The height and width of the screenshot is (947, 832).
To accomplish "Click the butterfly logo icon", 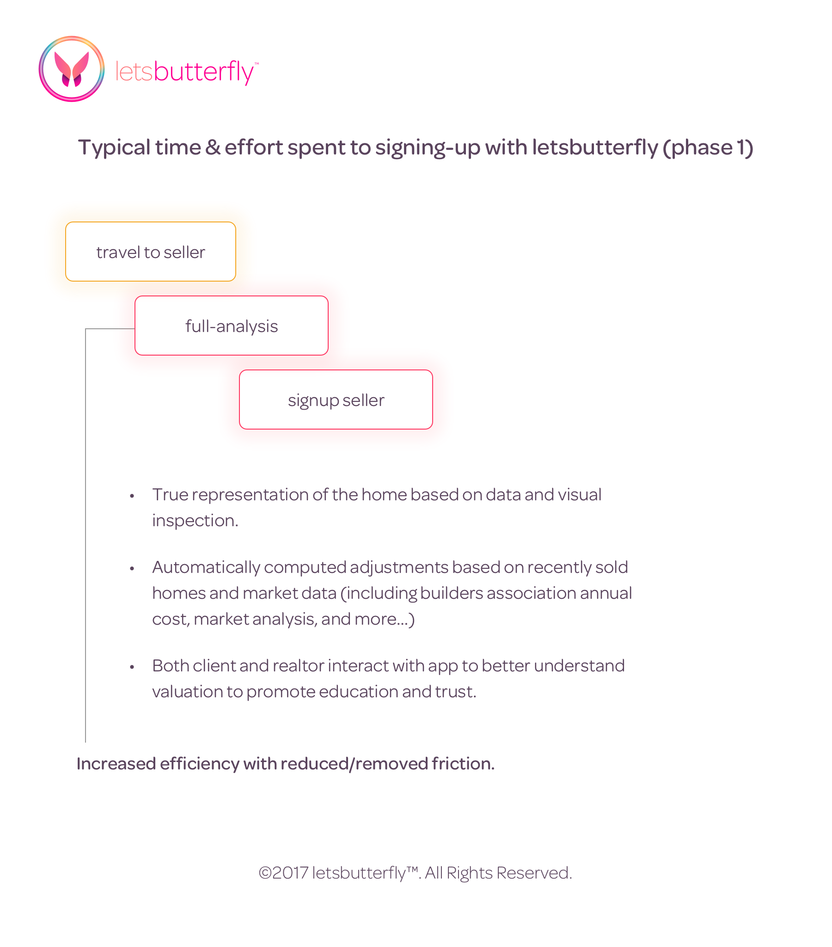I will point(71,69).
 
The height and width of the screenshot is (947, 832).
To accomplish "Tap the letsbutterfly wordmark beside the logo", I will point(184,72).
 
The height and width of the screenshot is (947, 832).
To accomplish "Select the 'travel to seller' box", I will point(151,252).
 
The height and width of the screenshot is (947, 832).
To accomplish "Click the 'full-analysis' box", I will point(231,326).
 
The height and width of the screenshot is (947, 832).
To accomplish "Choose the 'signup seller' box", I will point(336,400).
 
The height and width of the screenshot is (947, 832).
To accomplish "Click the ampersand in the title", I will point(213,148).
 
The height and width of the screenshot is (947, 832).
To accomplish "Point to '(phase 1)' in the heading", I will point(707,148).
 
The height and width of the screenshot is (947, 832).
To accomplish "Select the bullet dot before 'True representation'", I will point(132,496).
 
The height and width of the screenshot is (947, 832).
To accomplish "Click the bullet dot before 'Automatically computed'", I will point(132,568).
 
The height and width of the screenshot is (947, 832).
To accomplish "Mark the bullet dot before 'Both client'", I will point(132,667).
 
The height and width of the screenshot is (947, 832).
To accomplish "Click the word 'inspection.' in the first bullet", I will point(195,521).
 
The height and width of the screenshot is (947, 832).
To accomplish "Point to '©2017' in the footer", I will point(283,873).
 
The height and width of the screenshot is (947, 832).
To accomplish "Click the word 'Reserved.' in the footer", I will point(534,873).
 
